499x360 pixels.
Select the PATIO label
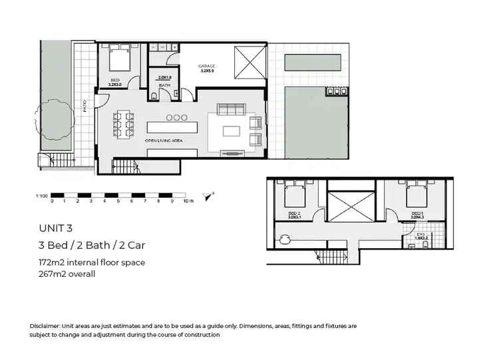tap(85, 107)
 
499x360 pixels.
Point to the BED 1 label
tap(416, 213)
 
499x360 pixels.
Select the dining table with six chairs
tap(124, 124)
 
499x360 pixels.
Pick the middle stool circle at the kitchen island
tap(178, 118)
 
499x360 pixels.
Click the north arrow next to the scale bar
tap(212, 195)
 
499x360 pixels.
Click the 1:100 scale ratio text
tap(41, 196)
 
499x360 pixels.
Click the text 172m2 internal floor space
tap(92, 262)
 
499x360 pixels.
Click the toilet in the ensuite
tap(424, 246)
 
